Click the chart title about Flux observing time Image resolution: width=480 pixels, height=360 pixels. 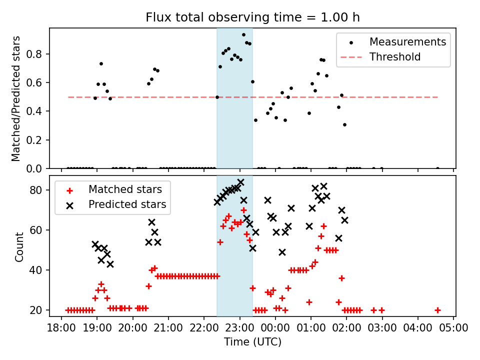252,17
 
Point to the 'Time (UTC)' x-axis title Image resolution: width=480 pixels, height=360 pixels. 252,342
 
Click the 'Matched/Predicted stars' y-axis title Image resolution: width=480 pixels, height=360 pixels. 16,98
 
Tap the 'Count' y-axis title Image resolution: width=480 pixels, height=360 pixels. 19,246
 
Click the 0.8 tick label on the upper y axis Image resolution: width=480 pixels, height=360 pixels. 37,54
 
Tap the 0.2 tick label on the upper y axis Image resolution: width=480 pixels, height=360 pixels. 37,140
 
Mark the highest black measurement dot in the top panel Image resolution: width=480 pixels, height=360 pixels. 243,34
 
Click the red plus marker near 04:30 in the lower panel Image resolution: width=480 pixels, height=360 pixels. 437,310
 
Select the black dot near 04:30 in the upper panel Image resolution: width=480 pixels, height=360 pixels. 437,168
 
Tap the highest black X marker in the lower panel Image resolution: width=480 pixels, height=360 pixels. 240,182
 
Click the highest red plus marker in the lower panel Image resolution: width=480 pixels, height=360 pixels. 243,210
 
